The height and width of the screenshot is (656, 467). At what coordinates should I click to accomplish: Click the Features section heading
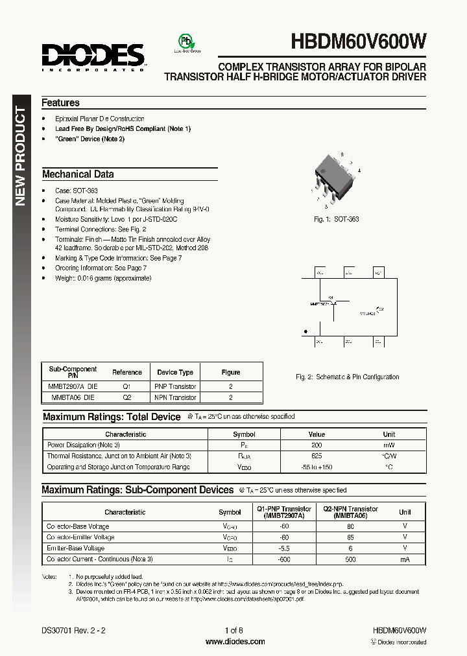[60, 103]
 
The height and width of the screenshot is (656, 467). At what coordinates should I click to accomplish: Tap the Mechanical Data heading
[78, 174]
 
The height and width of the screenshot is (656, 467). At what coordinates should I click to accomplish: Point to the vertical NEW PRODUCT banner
[21, 156]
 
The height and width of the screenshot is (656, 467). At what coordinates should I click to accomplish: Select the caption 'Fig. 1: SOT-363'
[336, 219]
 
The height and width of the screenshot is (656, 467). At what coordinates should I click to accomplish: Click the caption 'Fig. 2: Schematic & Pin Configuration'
[347, 377]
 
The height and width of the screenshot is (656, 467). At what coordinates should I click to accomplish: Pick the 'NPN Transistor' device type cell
[175, 397]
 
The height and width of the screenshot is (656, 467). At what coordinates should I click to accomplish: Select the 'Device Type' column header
[175, 373]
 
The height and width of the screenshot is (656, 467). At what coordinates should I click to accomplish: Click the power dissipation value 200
[317, 445]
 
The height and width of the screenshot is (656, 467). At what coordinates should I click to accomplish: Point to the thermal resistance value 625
[317, 456]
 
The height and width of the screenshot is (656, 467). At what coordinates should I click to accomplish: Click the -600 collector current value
[284, 559]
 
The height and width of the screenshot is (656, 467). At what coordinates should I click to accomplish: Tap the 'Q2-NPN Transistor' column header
[351, 509]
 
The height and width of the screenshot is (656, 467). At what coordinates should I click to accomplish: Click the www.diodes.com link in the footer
[235, 642]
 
